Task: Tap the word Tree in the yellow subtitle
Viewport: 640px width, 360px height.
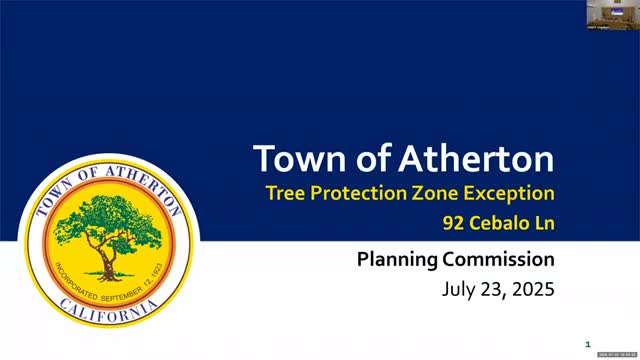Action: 286,192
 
